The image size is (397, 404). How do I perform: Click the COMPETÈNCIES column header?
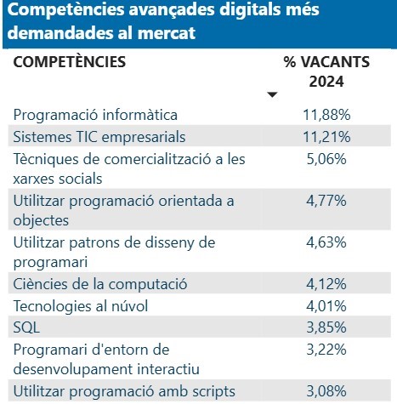[x=70, y=62]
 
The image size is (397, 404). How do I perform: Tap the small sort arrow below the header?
[x=272, y=94]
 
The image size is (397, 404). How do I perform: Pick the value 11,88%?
[x=326, y=114]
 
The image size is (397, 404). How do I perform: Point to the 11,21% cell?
[x=326, y=135]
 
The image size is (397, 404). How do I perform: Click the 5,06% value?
[x=326, y=157]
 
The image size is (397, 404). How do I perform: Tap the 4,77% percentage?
[x=326, y=202]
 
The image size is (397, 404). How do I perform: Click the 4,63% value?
[x=326, y=243]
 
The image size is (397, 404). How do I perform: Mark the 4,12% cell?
[x=326, y=283]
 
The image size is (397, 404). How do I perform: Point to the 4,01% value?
[x=326, y=304]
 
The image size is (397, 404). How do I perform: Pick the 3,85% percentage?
[x=326, y=326]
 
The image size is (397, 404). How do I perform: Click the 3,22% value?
[x=326, y=349]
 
